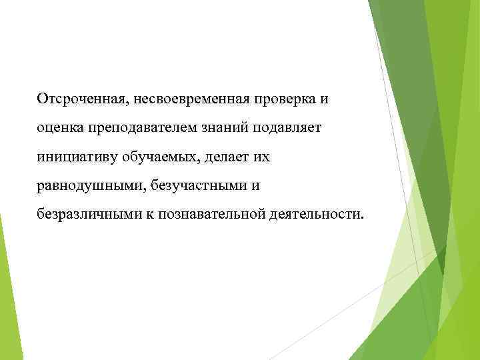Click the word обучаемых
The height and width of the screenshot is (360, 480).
point(151,158)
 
